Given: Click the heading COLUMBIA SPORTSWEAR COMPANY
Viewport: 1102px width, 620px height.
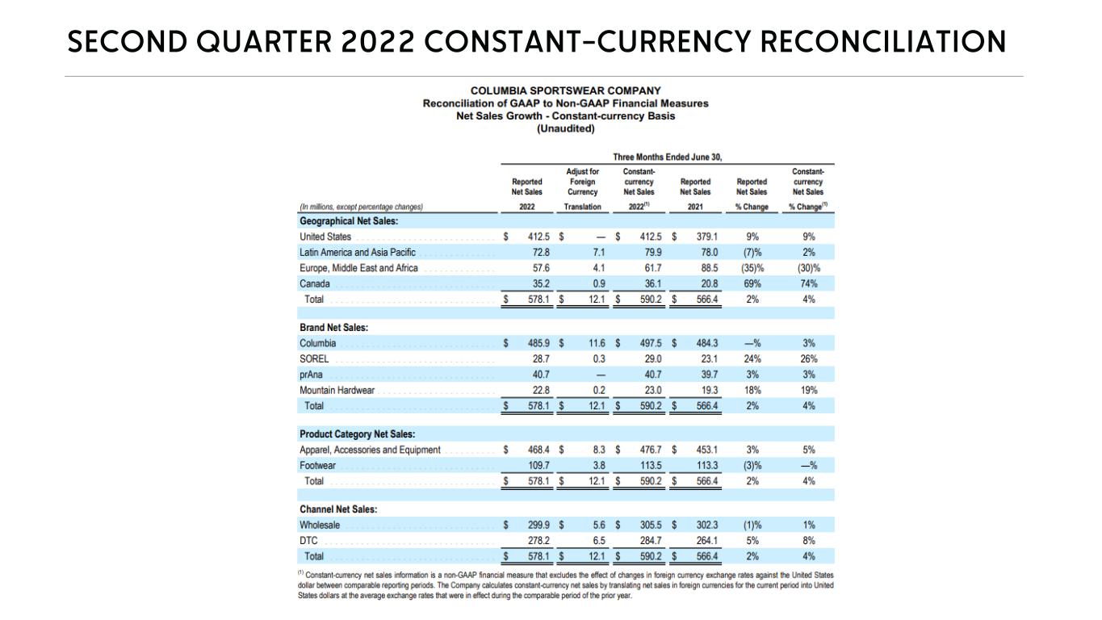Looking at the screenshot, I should click(x=565, y=91).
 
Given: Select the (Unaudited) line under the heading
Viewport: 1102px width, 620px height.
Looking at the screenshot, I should click(x=565, y=128).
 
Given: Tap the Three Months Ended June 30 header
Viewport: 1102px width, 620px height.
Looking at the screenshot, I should click(x=667, y=157).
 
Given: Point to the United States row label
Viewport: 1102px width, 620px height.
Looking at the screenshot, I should click(x=325, y=237).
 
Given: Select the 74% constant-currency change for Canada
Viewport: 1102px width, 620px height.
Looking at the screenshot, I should click(x=809, y=283).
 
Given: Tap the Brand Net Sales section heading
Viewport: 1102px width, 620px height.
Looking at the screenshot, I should click(x=333, y=328).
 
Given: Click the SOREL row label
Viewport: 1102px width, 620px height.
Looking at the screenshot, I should click(x=314, y=359).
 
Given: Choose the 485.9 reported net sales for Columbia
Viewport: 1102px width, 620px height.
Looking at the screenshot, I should click(x=538, y=343).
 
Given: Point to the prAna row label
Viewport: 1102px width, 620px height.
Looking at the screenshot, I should click(x=312, y=375).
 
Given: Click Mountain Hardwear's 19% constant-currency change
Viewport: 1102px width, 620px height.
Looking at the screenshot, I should click(x=809, y=390).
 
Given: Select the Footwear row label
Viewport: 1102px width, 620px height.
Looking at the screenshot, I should click(x=317, y=466).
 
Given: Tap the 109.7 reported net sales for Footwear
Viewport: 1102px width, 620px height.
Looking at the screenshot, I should click(x=538, y=466).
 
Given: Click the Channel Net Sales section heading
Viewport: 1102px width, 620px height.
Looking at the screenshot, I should click(x=338, y=509).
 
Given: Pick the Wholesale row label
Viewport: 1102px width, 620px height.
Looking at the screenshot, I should click(x=320, y=526).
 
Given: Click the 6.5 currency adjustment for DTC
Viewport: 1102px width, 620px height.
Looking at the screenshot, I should click(x=598, y=541).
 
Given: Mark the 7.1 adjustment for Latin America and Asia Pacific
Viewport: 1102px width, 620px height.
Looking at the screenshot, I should click(x=598, y=253).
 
